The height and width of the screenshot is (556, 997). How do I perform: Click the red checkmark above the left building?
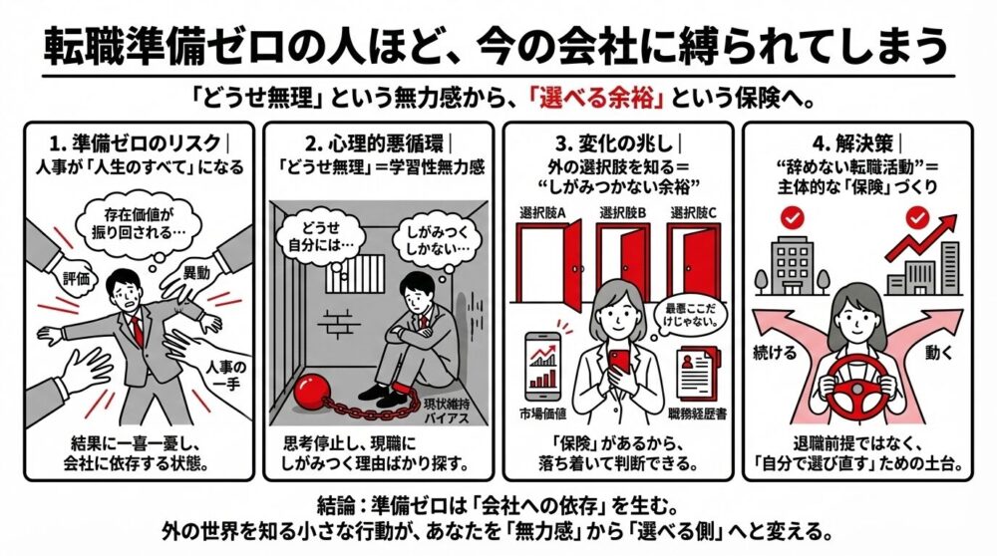click(792, 215)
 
